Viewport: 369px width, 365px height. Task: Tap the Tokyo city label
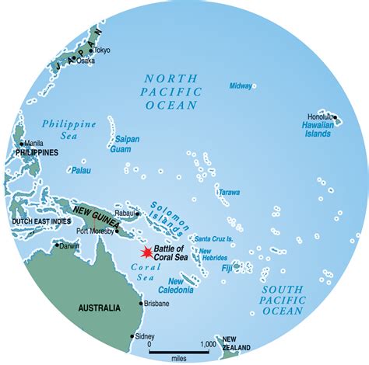tap(102, 50)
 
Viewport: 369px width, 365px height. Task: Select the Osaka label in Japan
tap(86, 61)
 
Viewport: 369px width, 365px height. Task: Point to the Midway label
tap(241, 85)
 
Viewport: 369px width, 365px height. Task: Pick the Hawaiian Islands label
tap(318, 129)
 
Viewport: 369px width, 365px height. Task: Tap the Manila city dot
tap(20, 143)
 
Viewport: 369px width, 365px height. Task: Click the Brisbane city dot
tap(141, 303)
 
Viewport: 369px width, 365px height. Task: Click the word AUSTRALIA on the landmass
tap(99, 308)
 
